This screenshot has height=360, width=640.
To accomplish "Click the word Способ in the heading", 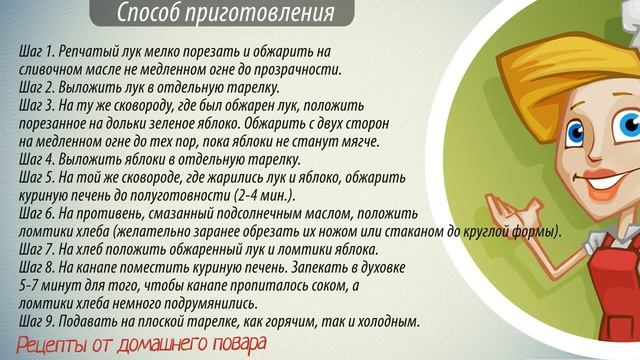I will (150, 14).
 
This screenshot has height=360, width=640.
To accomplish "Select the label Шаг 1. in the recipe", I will (39, 50).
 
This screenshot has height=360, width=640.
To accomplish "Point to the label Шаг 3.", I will (39, 105).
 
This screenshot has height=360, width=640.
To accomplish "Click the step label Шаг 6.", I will (39, 215).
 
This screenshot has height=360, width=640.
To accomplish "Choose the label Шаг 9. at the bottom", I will (39, 322).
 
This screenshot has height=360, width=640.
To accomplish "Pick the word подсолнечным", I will (265, 215).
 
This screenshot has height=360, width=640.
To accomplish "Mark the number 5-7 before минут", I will (32, 286).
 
